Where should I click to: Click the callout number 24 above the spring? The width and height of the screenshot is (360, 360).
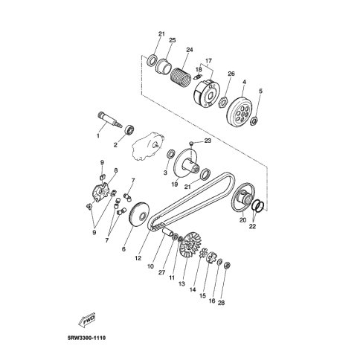tap(189, 50)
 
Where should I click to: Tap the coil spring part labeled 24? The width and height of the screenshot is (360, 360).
tap(181, 74)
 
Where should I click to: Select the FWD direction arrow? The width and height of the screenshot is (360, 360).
tap(86, 321)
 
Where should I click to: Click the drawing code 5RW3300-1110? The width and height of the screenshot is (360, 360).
tap(86, 338)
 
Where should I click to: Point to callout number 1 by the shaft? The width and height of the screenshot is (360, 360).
tap(98, 135)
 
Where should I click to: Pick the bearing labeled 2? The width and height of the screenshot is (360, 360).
tap(130, 130)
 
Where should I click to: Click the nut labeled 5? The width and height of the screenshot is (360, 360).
tap(255, 120)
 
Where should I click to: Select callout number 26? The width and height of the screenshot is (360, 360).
tap(231, 74)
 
